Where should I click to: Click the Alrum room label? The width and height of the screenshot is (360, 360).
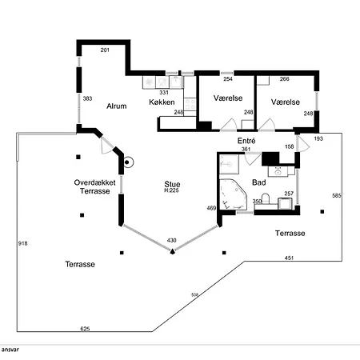click(x=117, y=106)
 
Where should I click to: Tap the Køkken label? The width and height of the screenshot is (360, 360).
click(x=162, y=102)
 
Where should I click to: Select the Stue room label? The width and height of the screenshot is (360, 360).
click(x=172, y=184)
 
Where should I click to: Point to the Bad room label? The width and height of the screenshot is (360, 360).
click(x=259, y=182)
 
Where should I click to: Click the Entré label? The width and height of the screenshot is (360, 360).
click(x=246, y=141)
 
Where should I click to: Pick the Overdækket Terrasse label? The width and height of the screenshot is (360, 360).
click(x=95, y=186)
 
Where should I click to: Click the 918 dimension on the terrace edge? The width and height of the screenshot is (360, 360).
click(x=22, y=243)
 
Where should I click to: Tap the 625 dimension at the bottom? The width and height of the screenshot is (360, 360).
click(x=85, y=329)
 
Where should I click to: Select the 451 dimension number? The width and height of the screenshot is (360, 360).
click(x=289, y=258)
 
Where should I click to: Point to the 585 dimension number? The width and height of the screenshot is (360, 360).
click(x=337, y=195)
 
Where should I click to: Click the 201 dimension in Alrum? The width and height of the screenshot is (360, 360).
click(x=105, y=50)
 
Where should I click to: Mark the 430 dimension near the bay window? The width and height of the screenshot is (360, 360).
click(x=172, y=240)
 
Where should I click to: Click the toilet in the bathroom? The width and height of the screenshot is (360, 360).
click(x=266, y=198)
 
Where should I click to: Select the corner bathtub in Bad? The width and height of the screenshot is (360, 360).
click(x=233, y=194)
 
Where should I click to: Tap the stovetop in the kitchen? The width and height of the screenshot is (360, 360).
click(x=190, y=104)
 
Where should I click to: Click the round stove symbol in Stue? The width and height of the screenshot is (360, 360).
click(x=127, y=162)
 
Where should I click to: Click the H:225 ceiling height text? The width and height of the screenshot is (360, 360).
click(x=171, y=190)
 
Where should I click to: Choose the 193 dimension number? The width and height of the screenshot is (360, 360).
click(x=318, y=138)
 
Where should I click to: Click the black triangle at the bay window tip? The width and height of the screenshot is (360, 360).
click(x=173, y=251)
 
